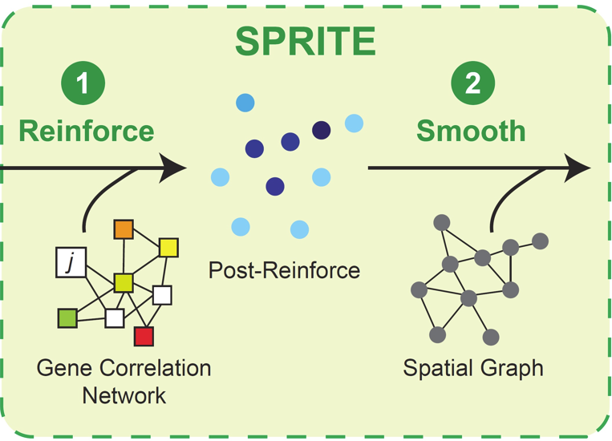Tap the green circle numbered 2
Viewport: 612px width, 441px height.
tap(471, 84)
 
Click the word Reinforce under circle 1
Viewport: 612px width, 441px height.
tap(86, 130)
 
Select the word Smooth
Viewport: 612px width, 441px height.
tap(471, 130)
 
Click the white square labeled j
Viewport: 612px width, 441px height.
tap(70, 262)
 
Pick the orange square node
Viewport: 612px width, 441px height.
tap(123, 229)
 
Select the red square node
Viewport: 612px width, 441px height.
tap(144, 336)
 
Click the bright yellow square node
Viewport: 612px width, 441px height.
tap(168, 247)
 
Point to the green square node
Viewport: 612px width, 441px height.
tap(67, 318)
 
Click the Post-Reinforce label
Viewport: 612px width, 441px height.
tap(284, 270)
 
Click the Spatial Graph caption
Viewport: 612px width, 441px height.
tap(472, 369)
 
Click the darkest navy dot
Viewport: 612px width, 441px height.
tap(321, 130)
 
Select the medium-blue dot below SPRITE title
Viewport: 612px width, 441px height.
tap(245, 103)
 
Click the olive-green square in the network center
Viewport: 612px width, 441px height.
tap(123, 281)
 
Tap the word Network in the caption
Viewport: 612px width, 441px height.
tap(124, 395)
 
